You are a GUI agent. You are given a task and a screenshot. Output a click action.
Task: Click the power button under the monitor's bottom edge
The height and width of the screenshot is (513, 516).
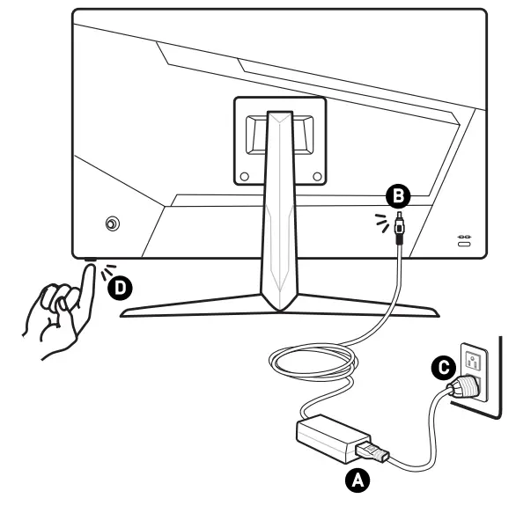(90, 260)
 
